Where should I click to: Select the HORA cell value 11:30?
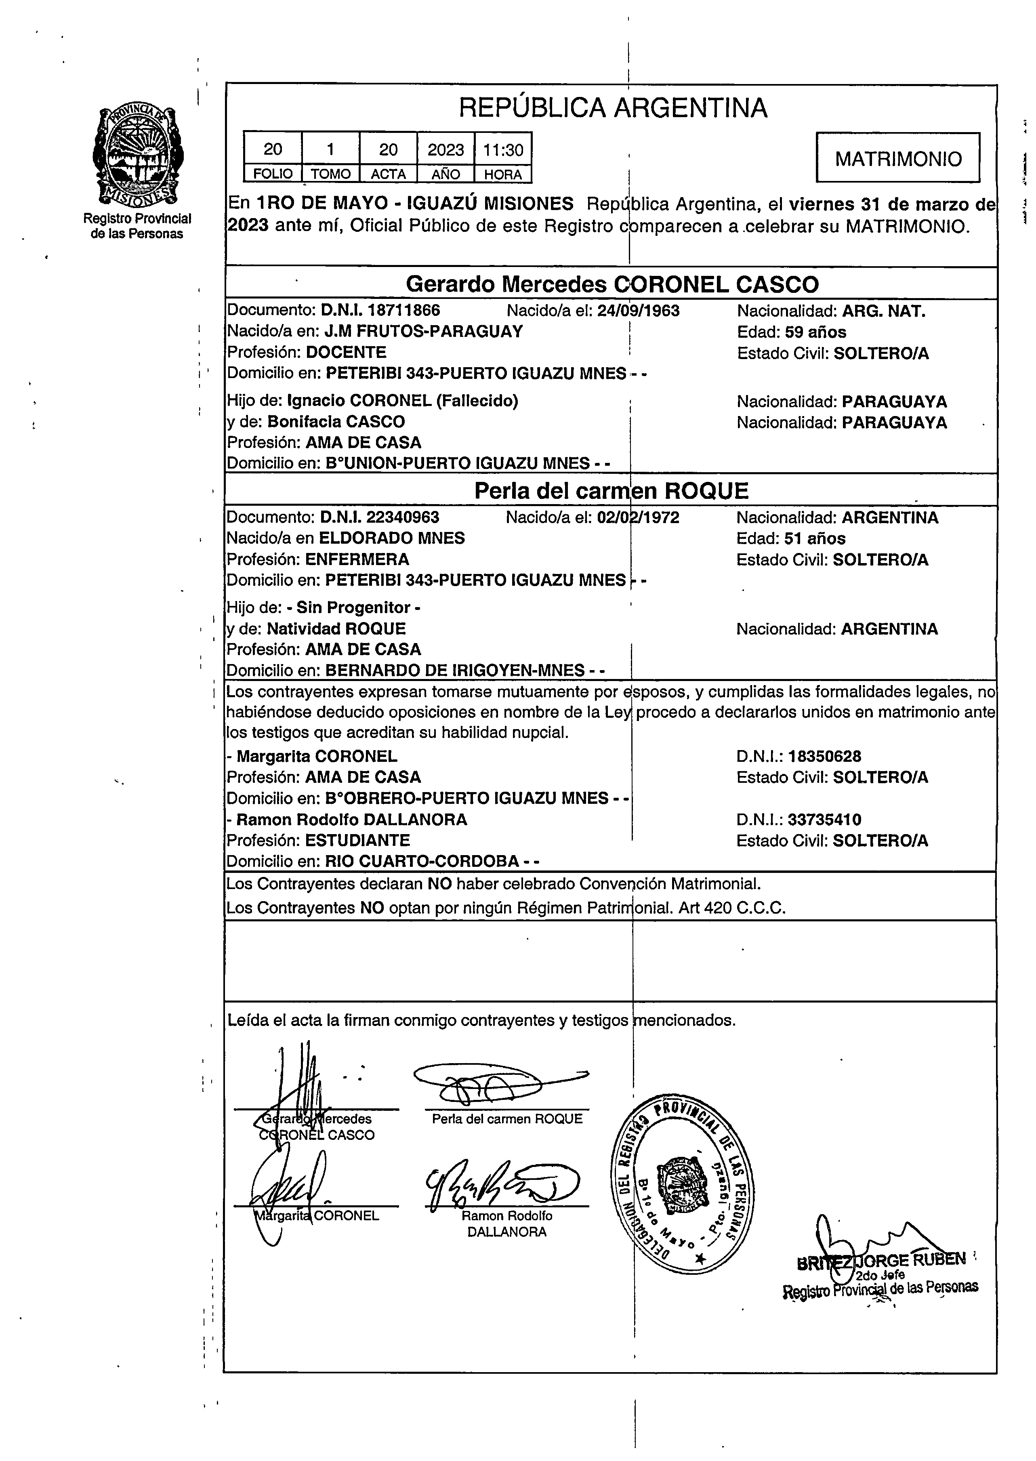(x=503, y=150)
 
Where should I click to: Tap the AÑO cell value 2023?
(x=445, y=150)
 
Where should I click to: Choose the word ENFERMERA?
(x=357, y=559)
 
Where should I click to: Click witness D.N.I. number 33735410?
(x=824, y=820)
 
